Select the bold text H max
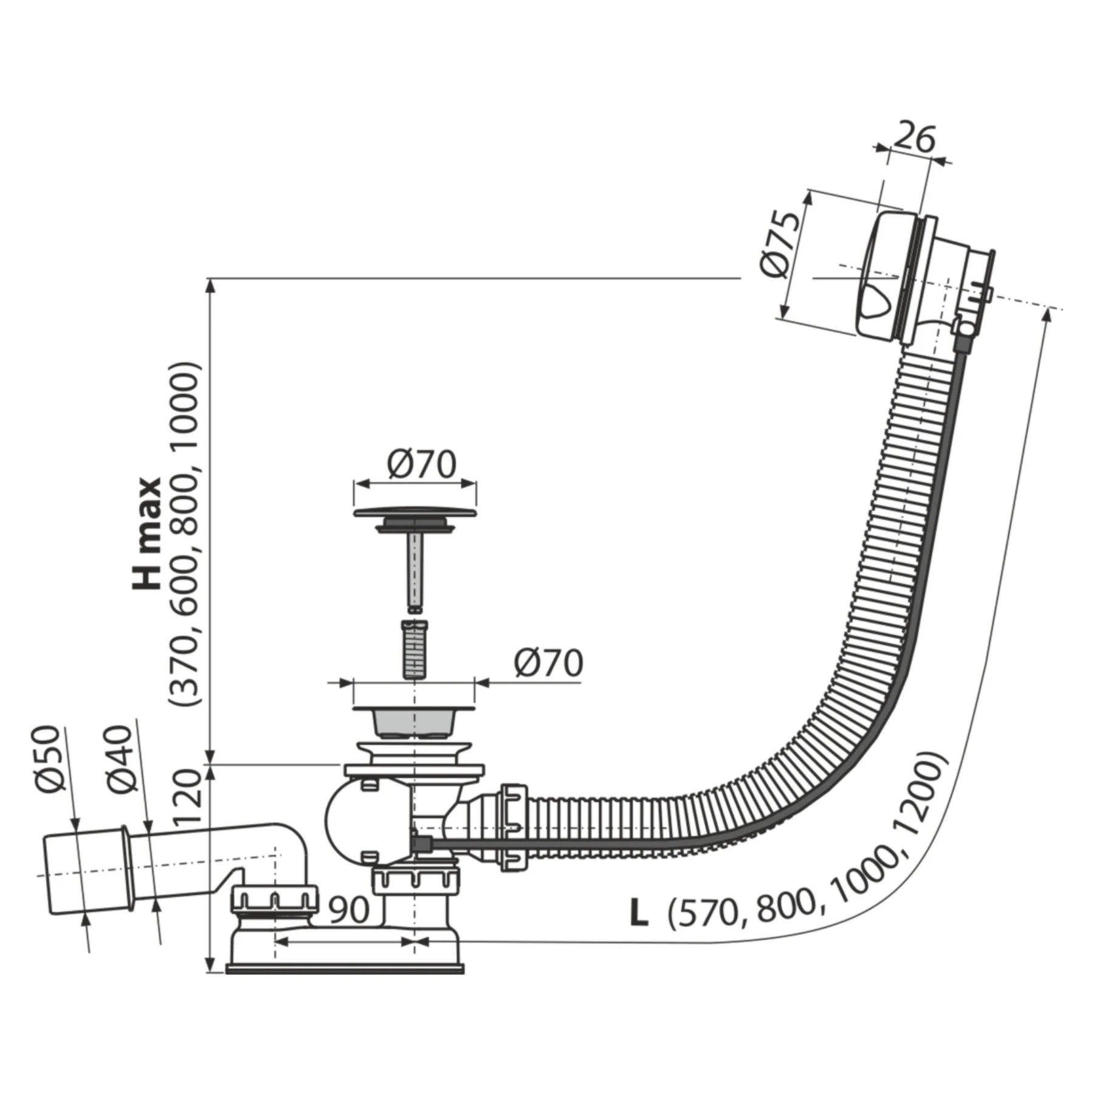point(148,534)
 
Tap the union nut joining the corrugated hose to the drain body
point(514,827)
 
